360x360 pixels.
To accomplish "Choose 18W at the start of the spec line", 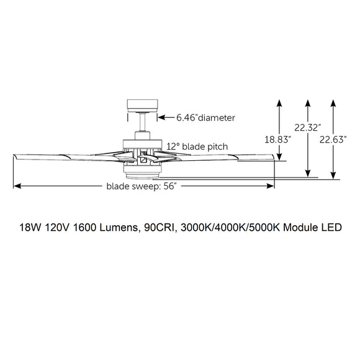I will (x=29, y=228).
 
